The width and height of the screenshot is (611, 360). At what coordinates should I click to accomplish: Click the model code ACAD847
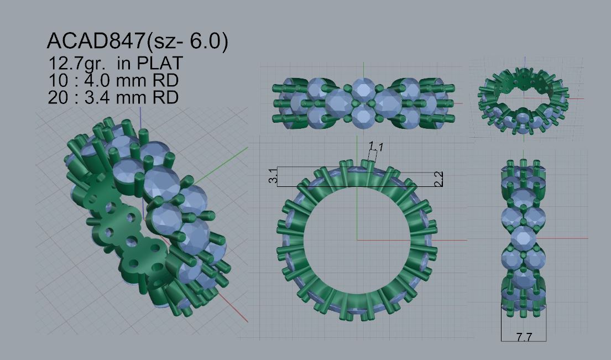tap(96, 40)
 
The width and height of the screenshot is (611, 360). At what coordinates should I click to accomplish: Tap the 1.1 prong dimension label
tap(376, 147)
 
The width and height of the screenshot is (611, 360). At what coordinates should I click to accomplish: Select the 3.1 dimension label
tap(274, 175)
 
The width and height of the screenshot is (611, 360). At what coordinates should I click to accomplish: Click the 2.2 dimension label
tap(438, 179)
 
